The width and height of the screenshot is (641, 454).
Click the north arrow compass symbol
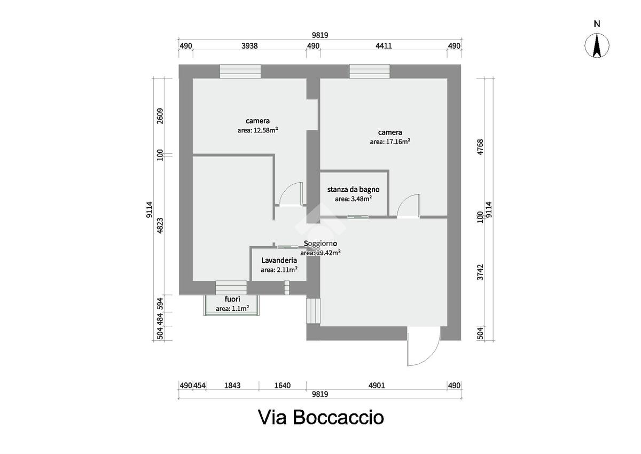point(597,45)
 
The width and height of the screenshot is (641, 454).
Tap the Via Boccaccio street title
point(321,417)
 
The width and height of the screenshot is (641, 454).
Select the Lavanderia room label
point(279,260)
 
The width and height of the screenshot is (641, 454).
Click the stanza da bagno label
point(354,190)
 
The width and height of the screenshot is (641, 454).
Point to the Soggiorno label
point(320,244)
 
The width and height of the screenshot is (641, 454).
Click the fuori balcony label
point(232,299)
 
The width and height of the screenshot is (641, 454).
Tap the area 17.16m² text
point(390,142)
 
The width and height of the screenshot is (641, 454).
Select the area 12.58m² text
point(257,130)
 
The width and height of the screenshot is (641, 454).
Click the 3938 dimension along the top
point(249,46)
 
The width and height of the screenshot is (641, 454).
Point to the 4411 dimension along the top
point(384,46)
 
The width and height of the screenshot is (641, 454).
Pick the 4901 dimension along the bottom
point(377,386)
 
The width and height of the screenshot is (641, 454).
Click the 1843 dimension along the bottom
point(232,386)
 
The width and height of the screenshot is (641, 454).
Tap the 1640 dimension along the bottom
point(283,386)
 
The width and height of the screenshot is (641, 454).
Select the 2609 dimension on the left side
point(160,116)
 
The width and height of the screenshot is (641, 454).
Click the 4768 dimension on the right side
point(480,147)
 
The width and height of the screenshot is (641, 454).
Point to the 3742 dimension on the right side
point(480,272)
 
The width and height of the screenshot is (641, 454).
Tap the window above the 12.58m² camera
point(240,71)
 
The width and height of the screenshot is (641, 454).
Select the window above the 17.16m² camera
point(370,71)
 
